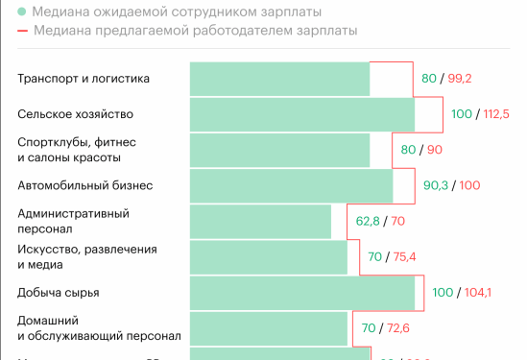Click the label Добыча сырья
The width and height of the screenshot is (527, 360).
coord(59,292)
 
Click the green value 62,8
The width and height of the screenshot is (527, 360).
coord(369,221)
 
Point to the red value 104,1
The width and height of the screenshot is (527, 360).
coord(476,292)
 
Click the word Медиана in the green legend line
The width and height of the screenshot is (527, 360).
coord(60,12)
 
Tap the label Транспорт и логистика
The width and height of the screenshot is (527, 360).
coord(84,79)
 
